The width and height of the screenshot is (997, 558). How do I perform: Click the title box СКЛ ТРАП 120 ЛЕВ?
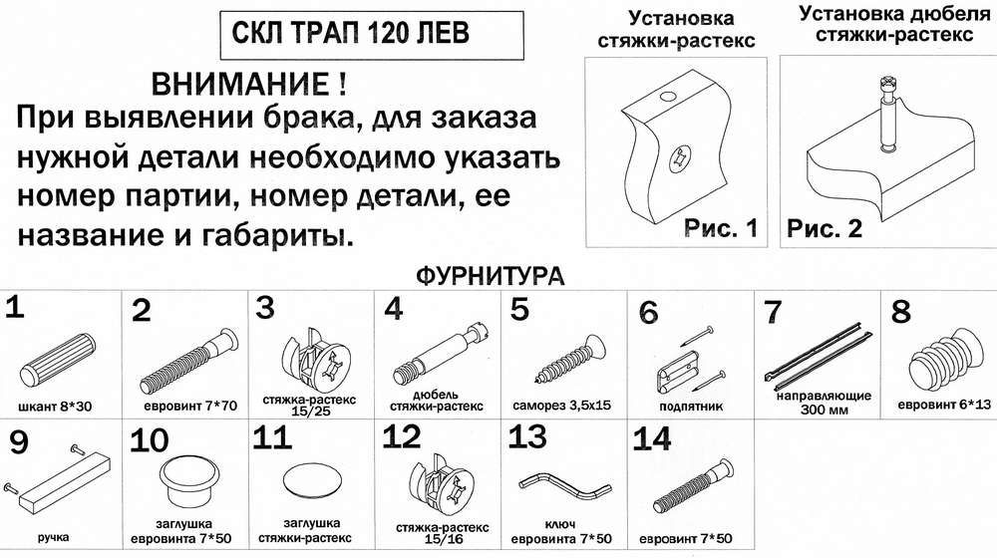point(372,35)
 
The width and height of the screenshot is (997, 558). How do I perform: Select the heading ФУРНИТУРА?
point(490,276)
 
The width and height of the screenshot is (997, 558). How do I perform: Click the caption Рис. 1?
point(721,227)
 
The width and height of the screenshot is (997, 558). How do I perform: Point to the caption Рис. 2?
point(825,227)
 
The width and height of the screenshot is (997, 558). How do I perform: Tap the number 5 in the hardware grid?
point(519,310)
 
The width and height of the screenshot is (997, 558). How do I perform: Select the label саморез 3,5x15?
point(561,406)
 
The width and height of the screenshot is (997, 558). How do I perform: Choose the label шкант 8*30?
point(55,407)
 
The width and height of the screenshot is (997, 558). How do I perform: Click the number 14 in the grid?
point(652,438)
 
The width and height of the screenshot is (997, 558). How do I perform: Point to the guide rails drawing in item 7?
point(818,356)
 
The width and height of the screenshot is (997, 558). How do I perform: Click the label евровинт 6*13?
point(944,405)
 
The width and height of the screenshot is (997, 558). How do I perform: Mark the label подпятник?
point(691,407)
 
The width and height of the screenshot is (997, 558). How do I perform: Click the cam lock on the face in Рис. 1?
point(680,157)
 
